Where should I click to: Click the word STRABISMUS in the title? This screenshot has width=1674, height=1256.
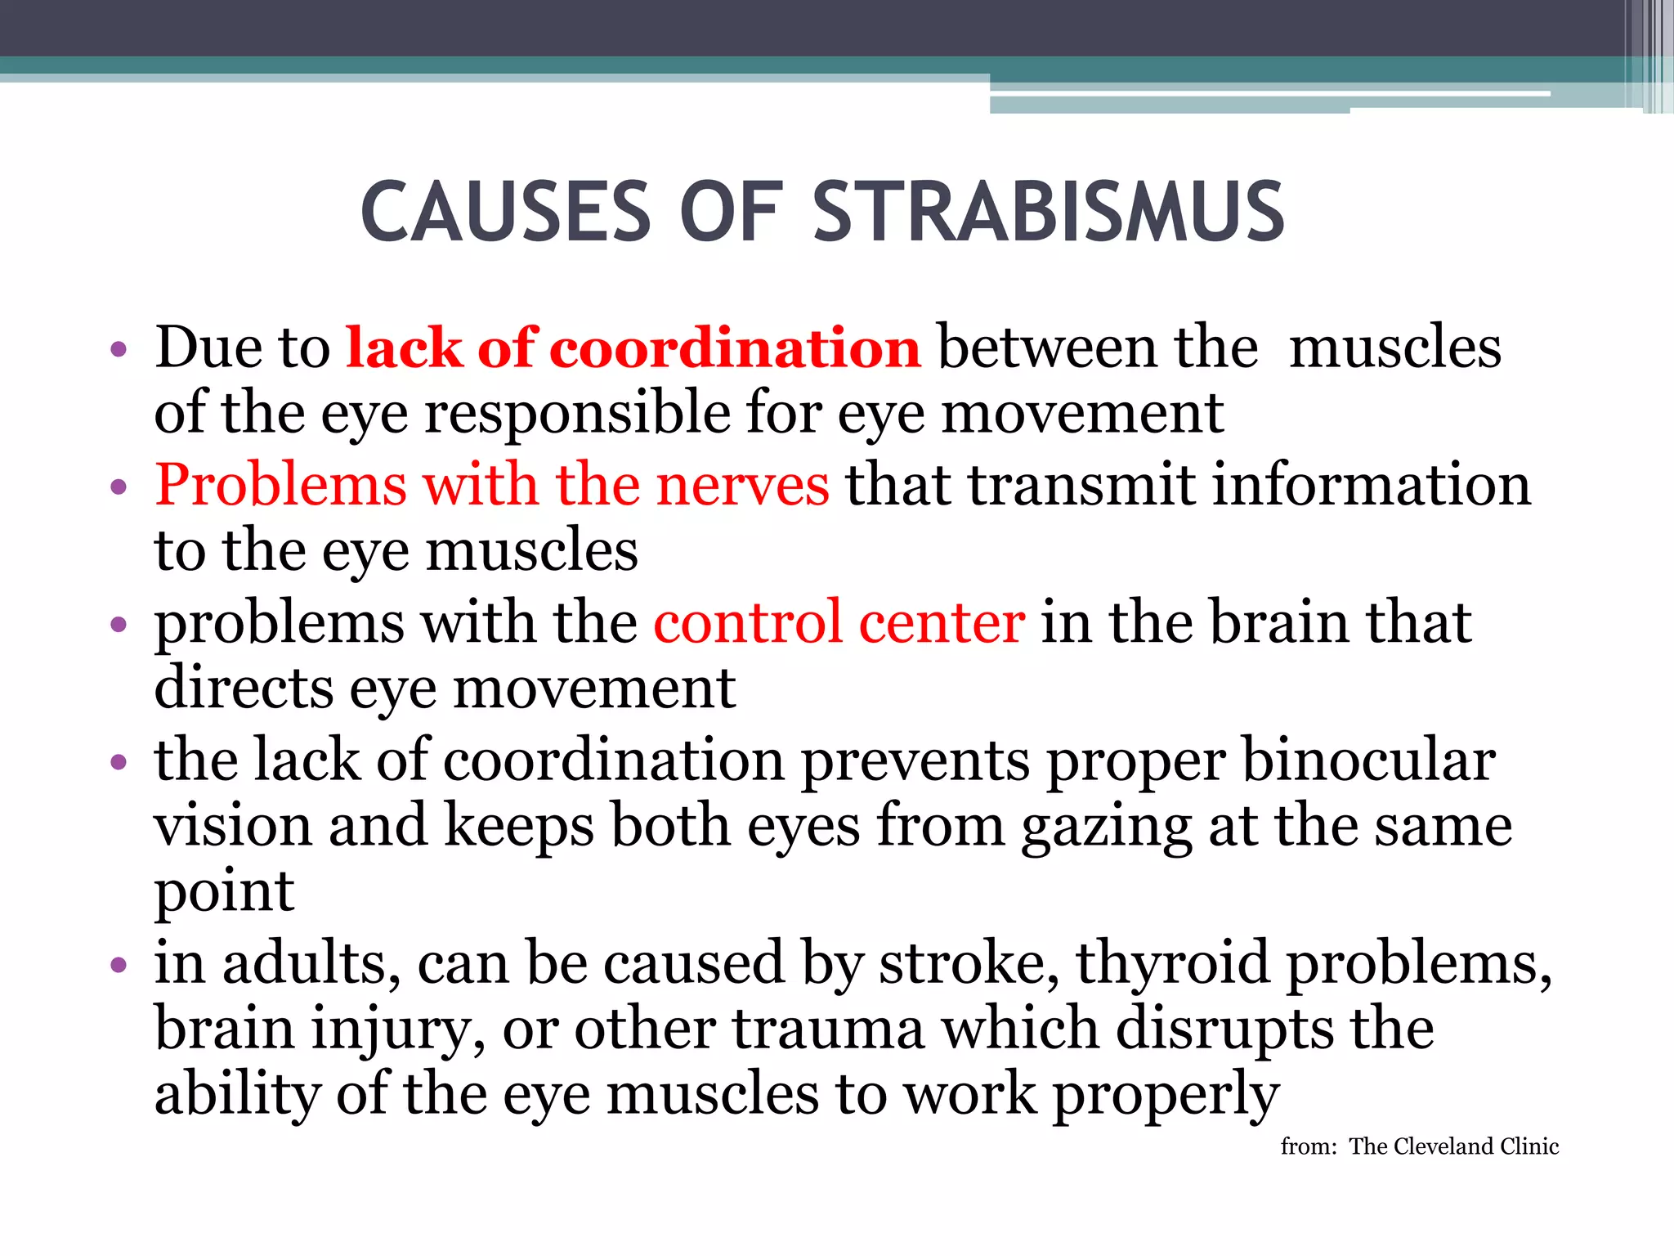(1049, 213)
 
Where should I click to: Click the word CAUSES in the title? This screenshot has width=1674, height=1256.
(506, 213)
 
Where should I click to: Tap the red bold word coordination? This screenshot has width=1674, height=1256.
(735, 348)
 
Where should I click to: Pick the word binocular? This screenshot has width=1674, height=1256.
(1368, 760)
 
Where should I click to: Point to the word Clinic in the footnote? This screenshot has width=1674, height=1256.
(1530, 1146)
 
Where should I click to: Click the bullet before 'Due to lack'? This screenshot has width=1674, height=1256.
(119, 350)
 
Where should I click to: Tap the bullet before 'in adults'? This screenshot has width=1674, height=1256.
(119, 965)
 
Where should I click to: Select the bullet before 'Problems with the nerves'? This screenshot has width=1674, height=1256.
(119, 487)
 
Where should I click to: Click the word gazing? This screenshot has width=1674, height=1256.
(1106, 827)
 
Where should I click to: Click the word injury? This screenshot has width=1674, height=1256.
(397, 1029)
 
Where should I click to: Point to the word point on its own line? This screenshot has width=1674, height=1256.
(224, 893)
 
